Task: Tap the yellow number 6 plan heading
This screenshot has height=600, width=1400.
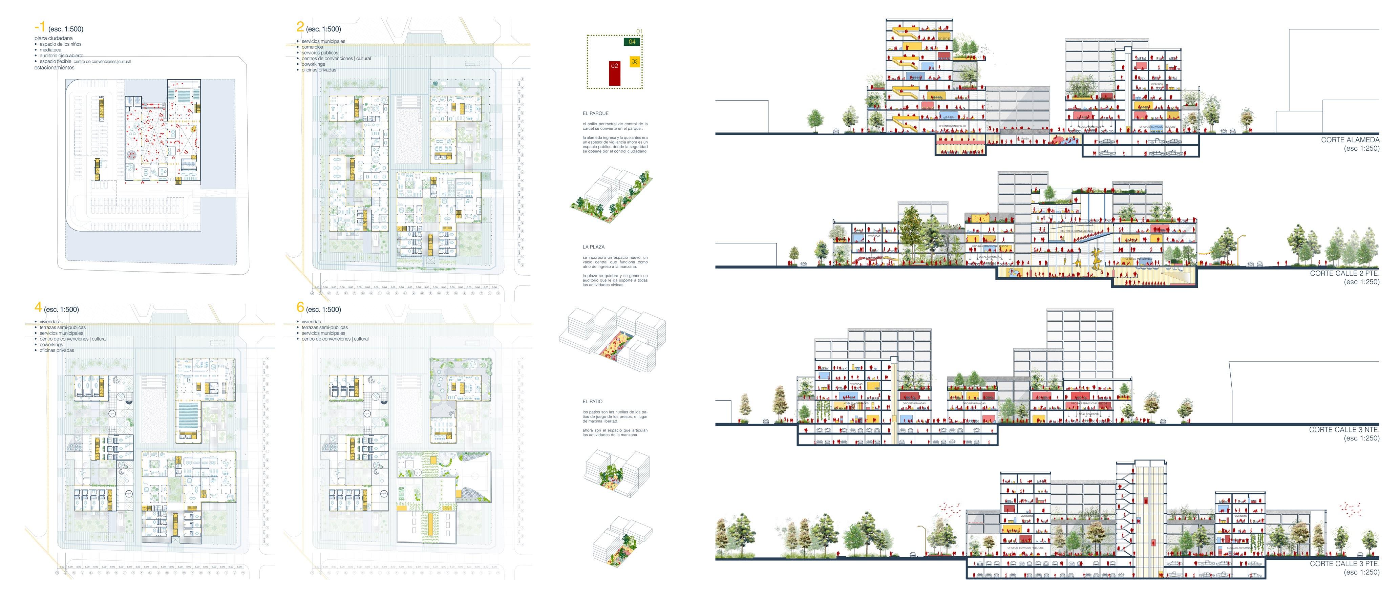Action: pos(300,307)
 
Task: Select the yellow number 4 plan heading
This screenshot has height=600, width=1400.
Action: pos(38,307)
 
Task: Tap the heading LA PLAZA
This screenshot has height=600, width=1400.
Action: pos(593,247)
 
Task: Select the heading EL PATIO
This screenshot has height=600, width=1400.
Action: pos(592,402)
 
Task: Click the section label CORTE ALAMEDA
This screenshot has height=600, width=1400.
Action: pos(1350,140)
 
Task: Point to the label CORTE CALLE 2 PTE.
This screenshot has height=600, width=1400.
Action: pos(1344,273)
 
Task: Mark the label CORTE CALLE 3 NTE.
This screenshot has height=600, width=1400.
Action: pos(1344,429)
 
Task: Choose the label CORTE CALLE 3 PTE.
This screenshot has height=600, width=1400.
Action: pos(1344,563)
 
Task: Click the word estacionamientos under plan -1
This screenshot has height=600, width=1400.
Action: pos(54,67)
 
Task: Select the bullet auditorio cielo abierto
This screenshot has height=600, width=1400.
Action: pos(61,56)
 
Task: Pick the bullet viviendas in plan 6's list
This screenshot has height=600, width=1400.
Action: pos(312,322)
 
